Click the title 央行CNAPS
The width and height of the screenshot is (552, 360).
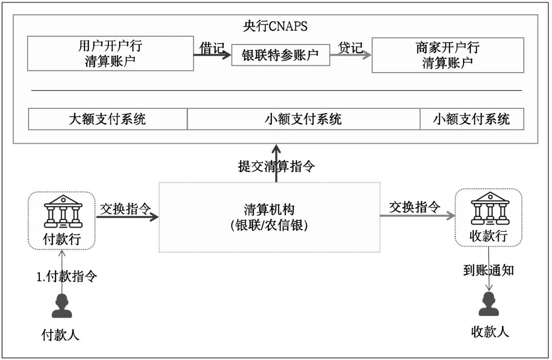point(275,26)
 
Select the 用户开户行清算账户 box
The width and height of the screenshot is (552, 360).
point(110,54)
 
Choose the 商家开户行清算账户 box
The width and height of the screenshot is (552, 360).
point(447,55)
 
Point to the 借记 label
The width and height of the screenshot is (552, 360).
point(212,48)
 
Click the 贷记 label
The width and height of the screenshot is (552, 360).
point(351,48)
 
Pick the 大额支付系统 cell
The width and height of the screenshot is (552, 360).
point(107,119)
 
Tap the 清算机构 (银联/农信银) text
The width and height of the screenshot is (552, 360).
point(269,217)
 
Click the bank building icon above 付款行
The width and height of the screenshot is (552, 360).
point(62,211)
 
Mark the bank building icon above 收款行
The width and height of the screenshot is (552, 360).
point(489,209)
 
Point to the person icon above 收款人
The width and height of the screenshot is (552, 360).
point(489,305)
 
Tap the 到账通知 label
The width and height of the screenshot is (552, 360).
point(488,271)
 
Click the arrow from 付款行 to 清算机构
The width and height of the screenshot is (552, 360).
point(127,217)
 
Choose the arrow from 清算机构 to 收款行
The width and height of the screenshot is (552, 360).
point(417,216)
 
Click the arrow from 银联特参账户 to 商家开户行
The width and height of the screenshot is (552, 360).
point(351,57)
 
